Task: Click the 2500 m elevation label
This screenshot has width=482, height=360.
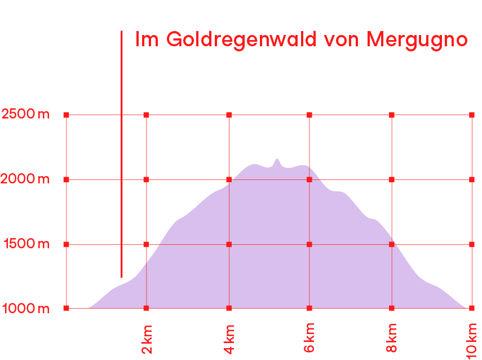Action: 25,115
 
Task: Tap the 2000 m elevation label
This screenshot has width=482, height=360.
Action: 25,179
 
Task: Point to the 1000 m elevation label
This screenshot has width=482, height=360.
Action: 25,309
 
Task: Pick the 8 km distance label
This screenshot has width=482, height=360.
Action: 392,337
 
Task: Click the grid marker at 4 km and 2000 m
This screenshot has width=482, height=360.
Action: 229,179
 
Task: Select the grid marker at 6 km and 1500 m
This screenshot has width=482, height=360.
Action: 309,244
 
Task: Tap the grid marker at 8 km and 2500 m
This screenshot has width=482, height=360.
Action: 392,115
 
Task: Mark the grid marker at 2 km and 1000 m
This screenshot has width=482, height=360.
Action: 146,308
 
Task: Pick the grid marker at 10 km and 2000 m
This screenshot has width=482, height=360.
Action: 472,179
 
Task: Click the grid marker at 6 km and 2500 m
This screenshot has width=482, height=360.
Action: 309,115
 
